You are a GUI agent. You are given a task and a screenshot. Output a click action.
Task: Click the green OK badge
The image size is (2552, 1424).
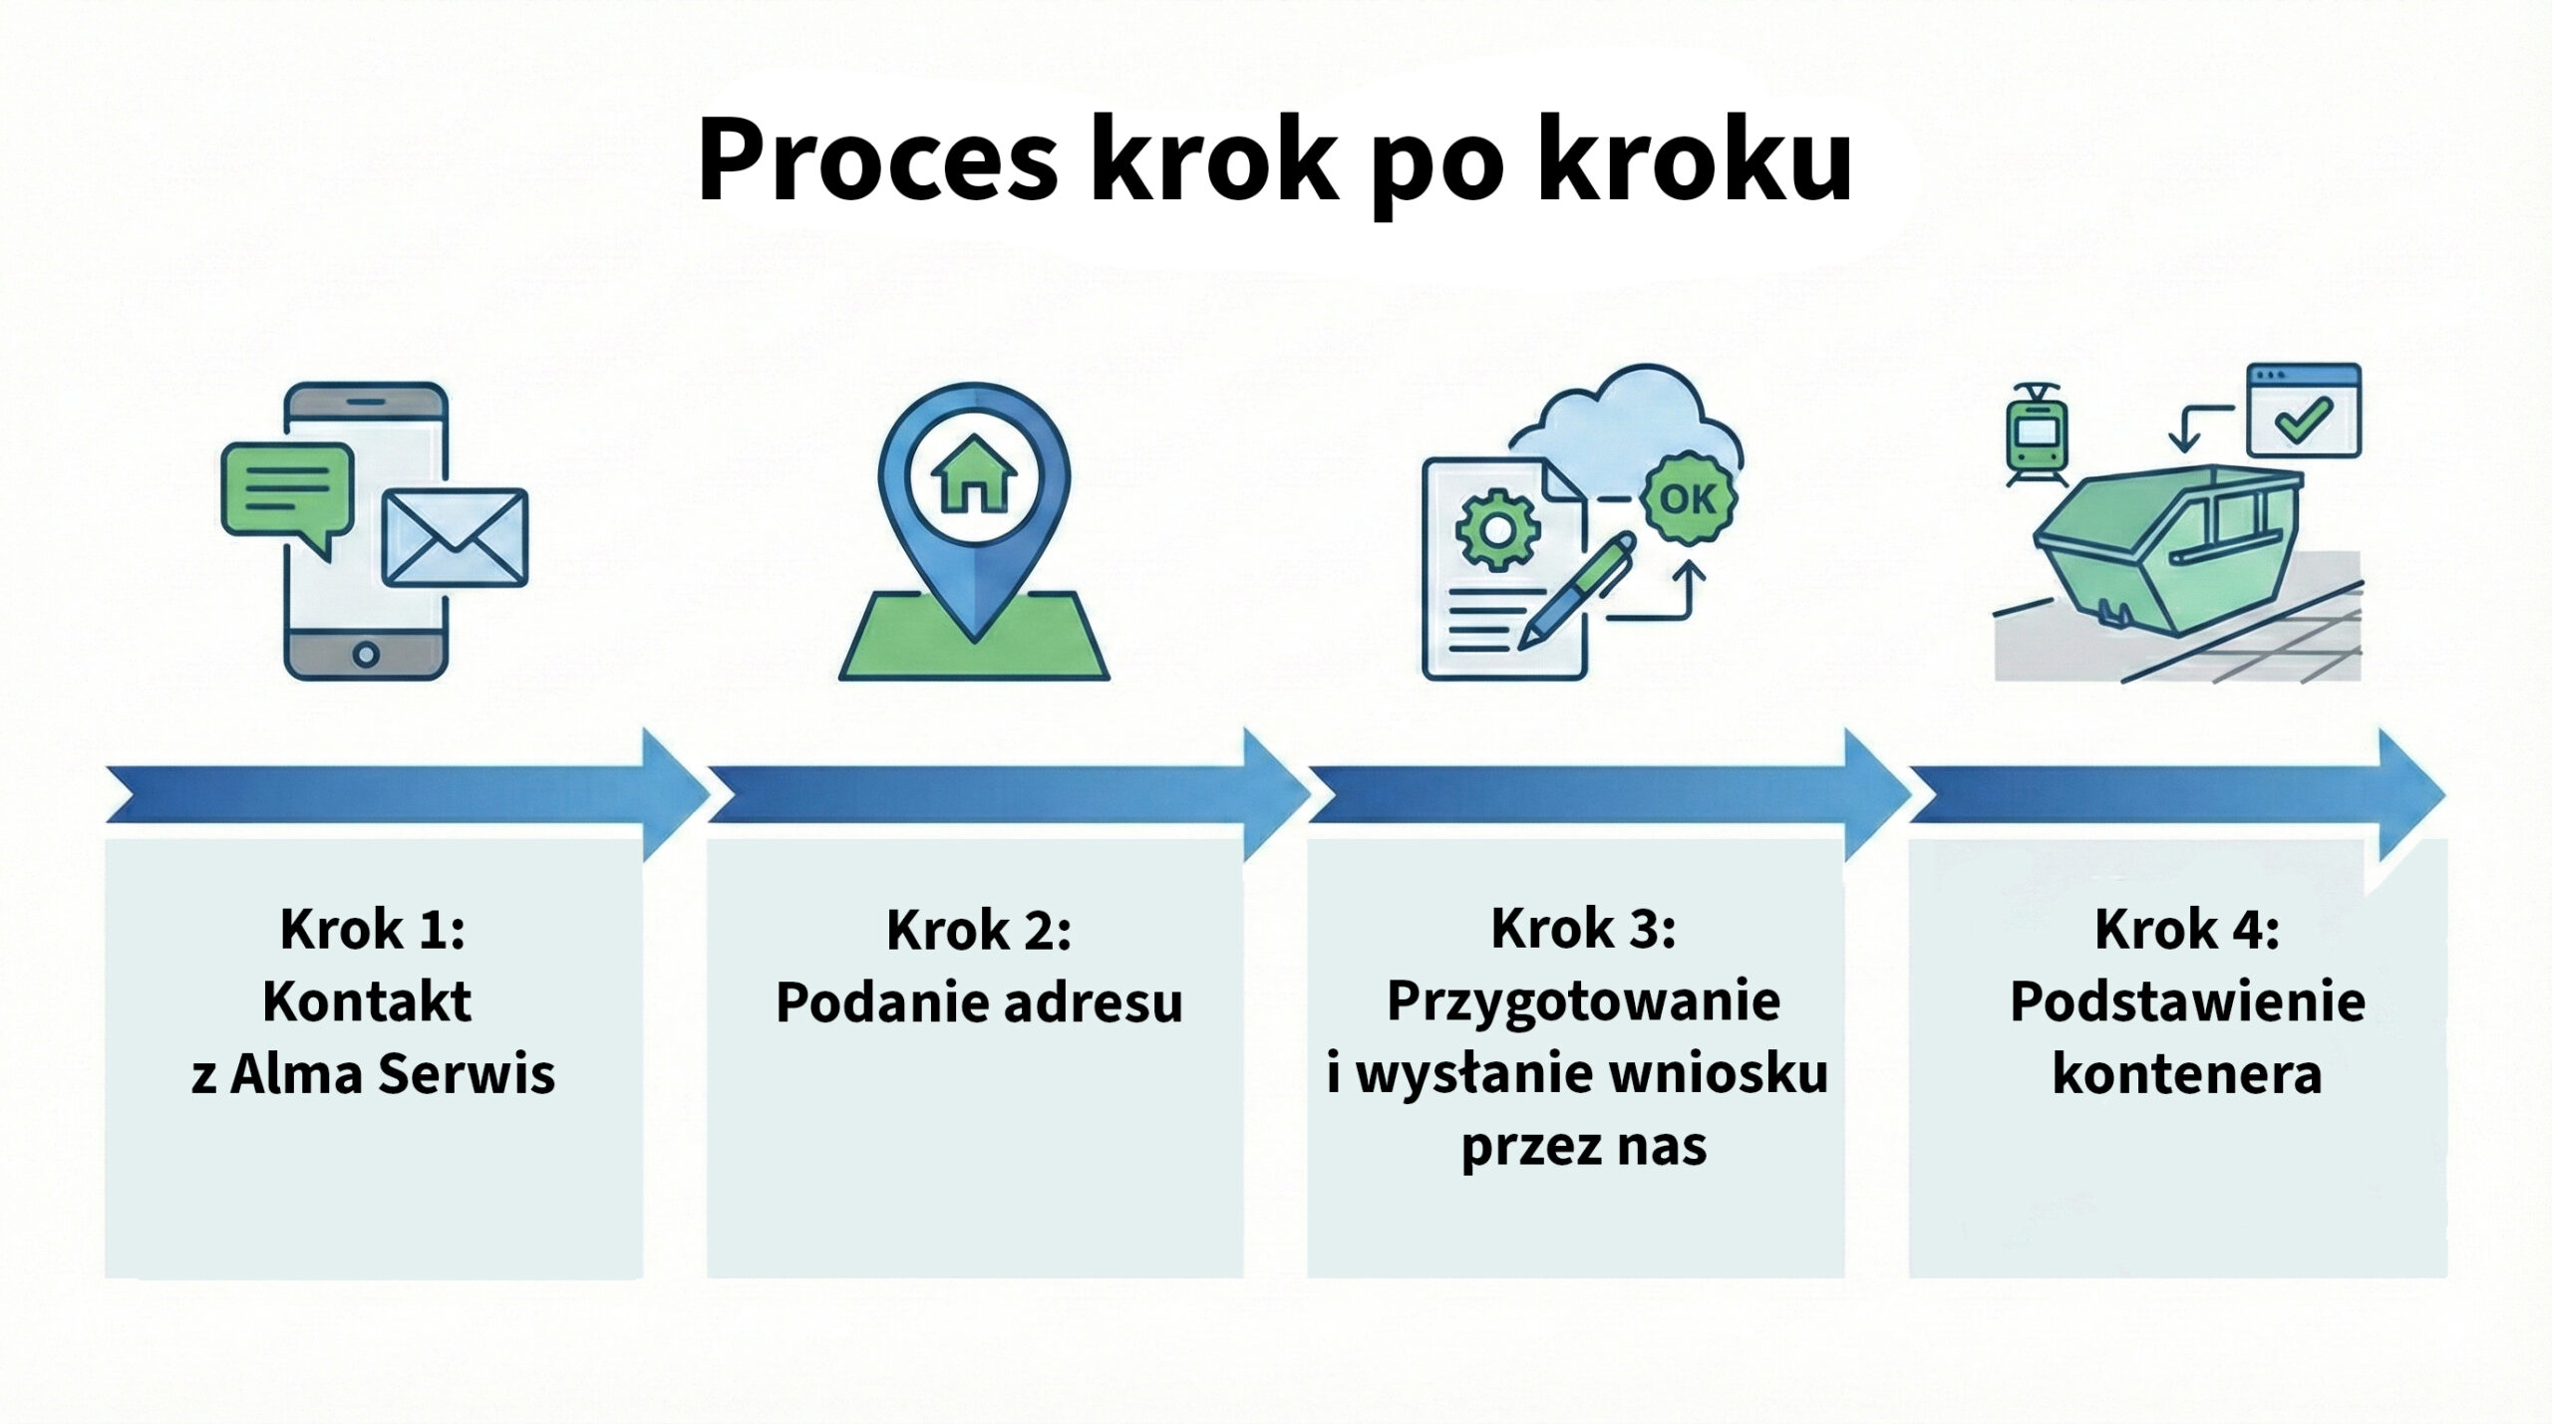pyautogui.click(x=1689, y=497)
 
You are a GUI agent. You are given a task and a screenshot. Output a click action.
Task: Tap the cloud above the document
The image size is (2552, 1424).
pyautogui.click(x=1625, y=419)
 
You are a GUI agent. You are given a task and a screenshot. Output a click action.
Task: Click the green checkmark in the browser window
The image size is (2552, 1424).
pyautogui.click(x=2304, y=420)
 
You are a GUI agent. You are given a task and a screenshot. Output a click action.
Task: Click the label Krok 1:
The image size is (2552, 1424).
pyautogui.click(x=373, y=929)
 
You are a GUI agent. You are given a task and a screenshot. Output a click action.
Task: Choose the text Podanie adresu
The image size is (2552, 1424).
pyautogui.click(x=979, y=1002)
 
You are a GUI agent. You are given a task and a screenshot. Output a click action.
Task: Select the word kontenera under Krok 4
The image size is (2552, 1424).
pyautogui.click(x=2186, y=1075)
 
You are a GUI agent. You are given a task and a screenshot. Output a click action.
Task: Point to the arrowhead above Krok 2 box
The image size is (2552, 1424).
pyautogui.click(x=1271, y=794)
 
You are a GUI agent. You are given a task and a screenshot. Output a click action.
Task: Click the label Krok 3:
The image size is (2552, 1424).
pyautogui.click(x=1583, y=929)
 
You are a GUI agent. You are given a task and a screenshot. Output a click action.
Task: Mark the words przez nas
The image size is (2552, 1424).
pyautogui.click(x=1583, y=1147)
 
